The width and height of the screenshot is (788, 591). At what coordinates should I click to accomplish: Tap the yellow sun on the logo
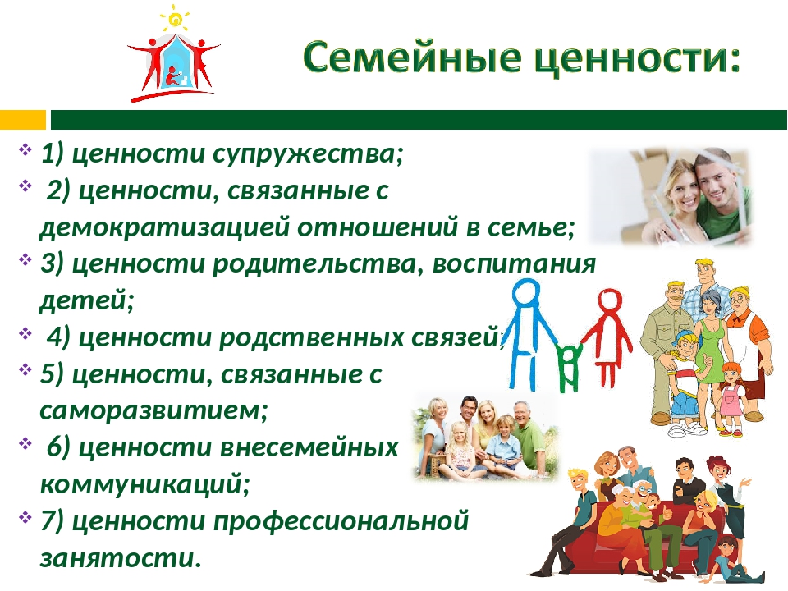pyautogui.click(x=176, y=20)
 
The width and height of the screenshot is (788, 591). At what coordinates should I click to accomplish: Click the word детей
pyautogui.click(x=86, y=300)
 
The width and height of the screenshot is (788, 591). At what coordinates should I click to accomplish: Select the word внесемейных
pyautogui.click(x=309, y=447)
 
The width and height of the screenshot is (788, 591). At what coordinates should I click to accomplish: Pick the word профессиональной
pyautogui.click(x=341, y=521)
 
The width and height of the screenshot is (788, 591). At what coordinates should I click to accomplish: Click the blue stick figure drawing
pyautogui.click(x=530, y=334)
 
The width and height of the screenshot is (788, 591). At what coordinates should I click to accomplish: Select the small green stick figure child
pyautogui.click(x=570, y=366)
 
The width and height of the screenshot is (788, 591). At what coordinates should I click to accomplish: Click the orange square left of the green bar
pyautogui.click(x=23, y=120)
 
